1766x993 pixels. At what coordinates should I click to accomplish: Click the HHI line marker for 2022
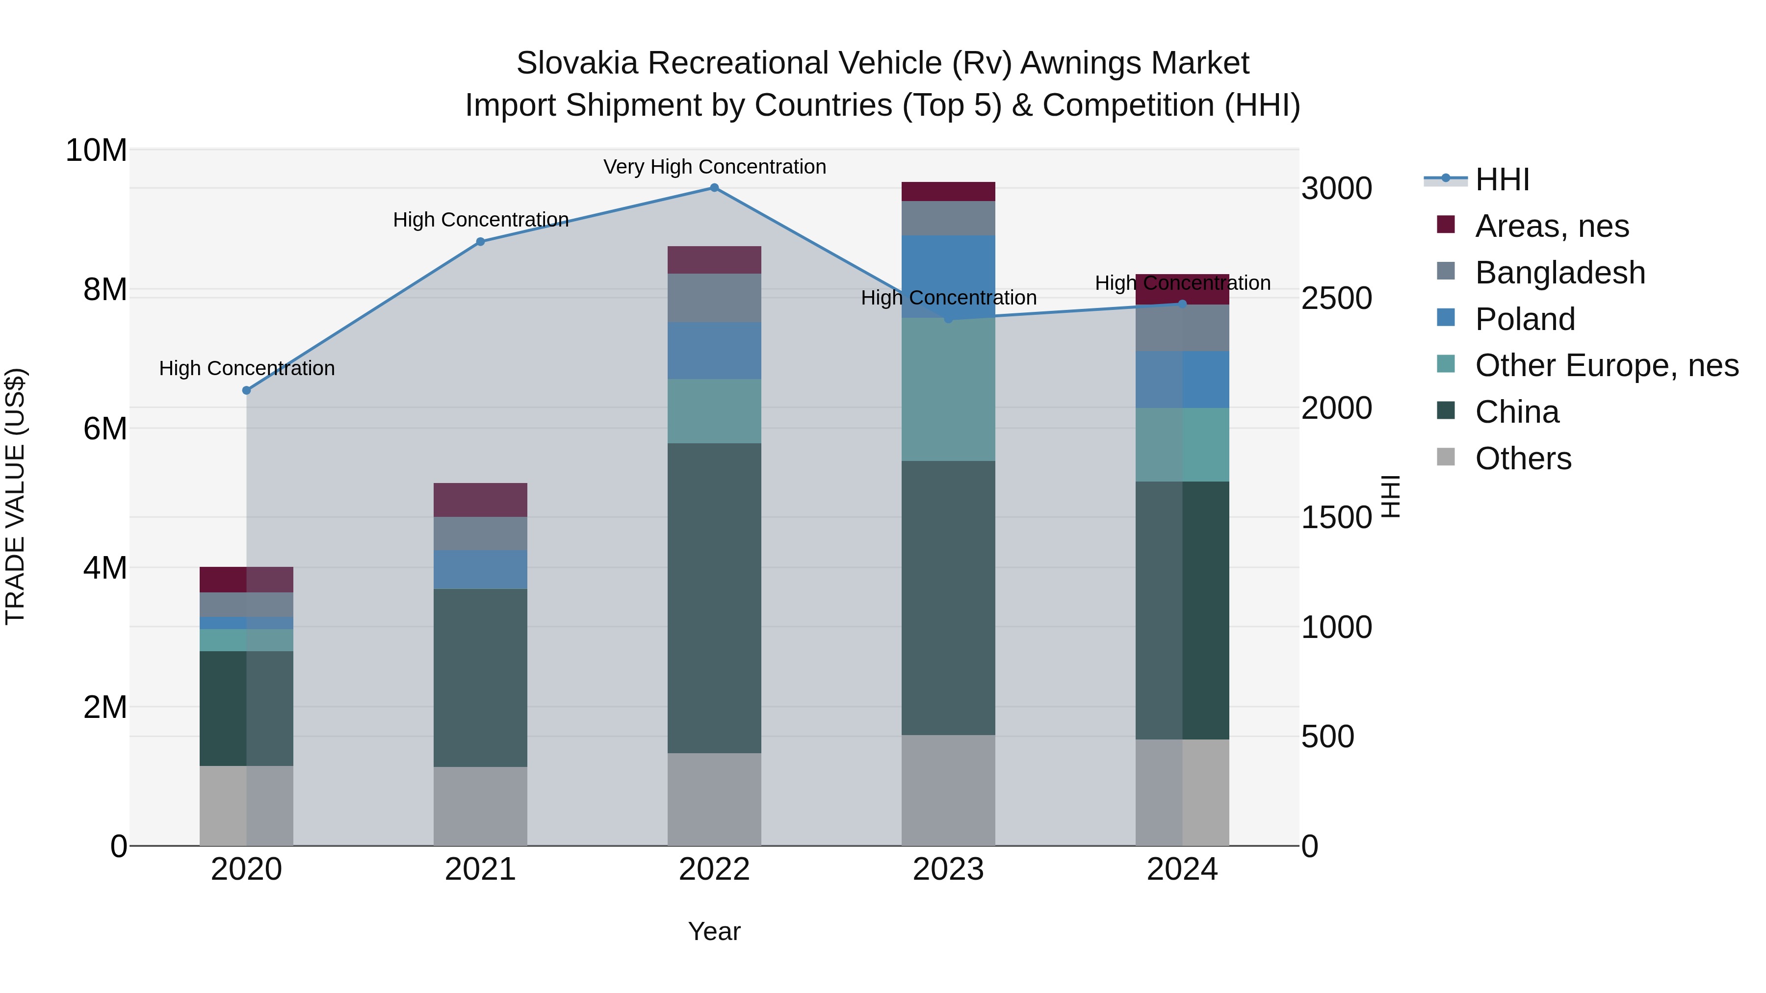coord(714,188)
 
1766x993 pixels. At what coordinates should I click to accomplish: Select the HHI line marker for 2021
coord(481,242)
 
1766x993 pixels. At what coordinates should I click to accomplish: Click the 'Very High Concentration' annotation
coord(714,167)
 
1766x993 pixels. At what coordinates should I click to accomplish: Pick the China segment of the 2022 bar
coord(714,598)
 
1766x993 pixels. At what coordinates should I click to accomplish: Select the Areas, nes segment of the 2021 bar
coord(481,500)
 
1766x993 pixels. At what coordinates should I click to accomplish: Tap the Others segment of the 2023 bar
coord(948,790)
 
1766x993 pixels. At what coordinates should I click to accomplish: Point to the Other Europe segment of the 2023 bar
coord(948,389)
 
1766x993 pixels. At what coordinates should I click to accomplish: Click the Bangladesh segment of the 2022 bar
coord(714,298)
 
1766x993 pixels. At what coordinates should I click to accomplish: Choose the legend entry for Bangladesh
coord(1559,273)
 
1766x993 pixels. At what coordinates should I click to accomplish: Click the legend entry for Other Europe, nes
coord(1606,366)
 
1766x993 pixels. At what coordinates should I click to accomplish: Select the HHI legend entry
coord(1502,179)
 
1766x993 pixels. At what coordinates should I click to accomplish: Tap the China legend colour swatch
coord(1445,411)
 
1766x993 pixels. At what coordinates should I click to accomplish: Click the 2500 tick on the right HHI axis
coord(1336,299)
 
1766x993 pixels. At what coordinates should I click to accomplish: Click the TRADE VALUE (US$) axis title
coord(16,496)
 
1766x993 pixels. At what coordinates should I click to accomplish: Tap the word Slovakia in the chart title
coord(577,63)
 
